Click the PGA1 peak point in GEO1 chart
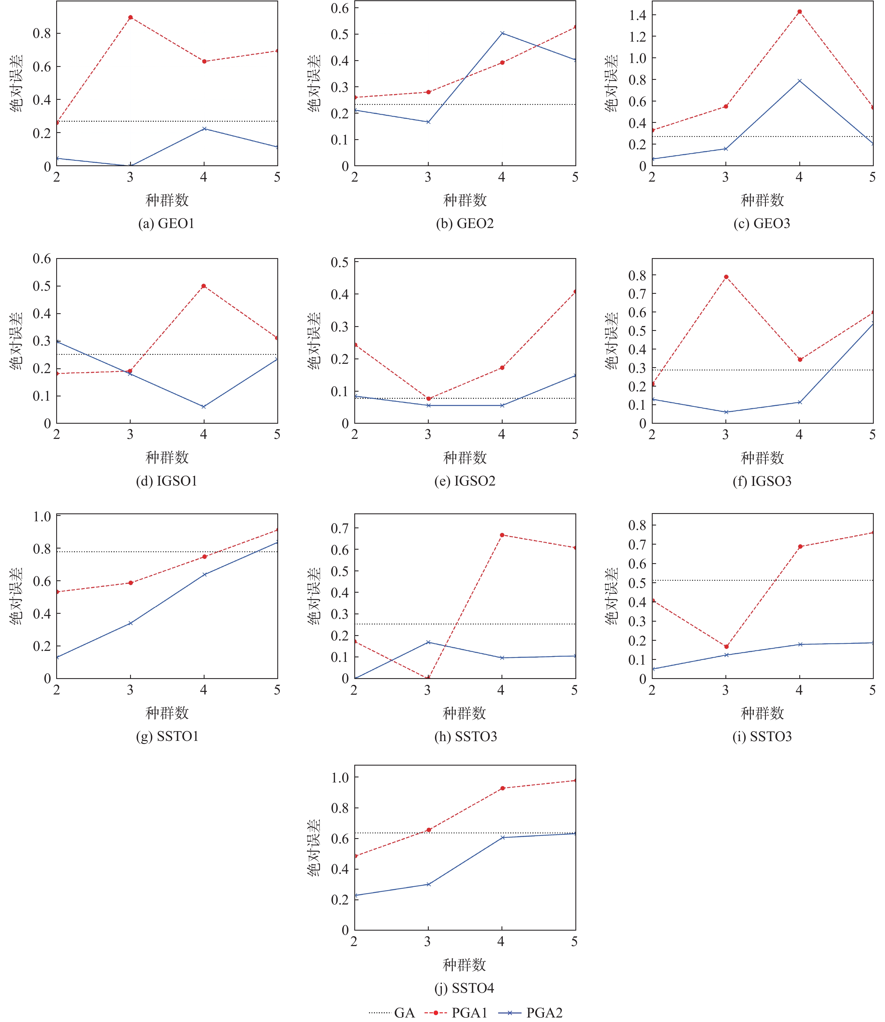[x=130, y=17]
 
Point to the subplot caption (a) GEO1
[x=166, y=223]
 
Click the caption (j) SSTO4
[x=464, y=988]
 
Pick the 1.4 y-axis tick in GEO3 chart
[x=637, y=15]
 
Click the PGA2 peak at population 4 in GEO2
[x=502, y=33]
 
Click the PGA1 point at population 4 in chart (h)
[x=502, y=535]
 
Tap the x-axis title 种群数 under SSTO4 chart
[x=464, y=964]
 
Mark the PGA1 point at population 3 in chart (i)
[x=726, y=646]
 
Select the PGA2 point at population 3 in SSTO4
[x=428, y=884]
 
